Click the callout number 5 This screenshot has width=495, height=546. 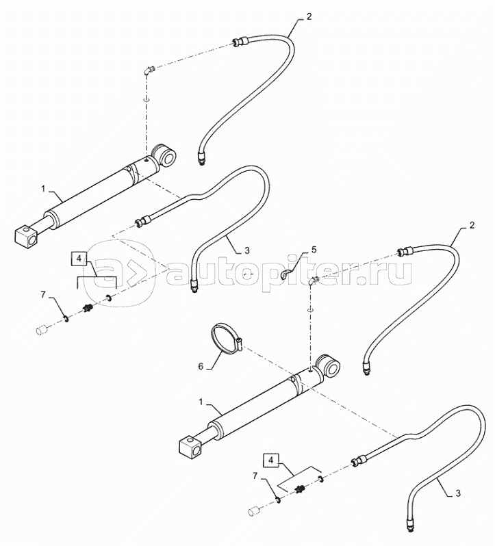314,250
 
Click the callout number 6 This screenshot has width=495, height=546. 201,367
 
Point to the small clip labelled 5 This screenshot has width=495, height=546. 284,276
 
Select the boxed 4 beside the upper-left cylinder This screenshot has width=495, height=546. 78,259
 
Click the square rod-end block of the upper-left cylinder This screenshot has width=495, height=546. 26,236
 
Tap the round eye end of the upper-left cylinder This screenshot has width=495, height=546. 164,155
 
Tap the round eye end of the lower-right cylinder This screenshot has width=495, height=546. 328,365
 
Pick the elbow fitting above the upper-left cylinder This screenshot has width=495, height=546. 149,69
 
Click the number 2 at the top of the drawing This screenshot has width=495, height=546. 309,16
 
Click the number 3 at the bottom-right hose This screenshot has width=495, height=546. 458,493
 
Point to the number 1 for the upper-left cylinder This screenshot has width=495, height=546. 44,189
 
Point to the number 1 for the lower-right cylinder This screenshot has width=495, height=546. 201,402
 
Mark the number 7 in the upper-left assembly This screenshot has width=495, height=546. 44,295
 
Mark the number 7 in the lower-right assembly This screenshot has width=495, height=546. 255,476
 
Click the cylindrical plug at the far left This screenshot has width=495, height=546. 42,329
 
